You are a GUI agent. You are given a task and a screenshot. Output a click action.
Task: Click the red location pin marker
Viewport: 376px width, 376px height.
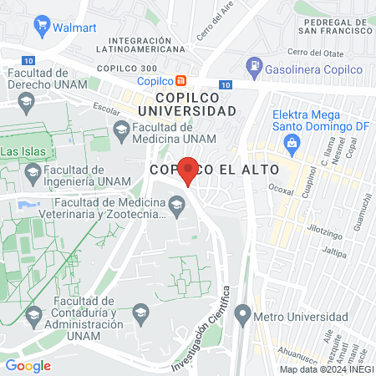188,170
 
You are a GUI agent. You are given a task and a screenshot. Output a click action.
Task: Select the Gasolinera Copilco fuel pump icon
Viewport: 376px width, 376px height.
253,65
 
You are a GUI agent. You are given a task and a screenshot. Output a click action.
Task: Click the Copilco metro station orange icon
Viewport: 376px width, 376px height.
180,81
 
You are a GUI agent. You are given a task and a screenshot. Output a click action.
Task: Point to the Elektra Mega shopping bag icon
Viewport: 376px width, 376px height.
292,142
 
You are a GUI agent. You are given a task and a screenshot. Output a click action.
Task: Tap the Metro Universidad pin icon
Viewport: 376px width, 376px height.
242,315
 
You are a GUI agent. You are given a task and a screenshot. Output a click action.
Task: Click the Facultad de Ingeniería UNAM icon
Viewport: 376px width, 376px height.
33,173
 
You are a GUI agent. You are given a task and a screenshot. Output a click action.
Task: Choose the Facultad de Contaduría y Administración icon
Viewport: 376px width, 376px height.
33,315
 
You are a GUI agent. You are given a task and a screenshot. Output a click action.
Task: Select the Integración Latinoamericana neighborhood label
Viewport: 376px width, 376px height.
152,44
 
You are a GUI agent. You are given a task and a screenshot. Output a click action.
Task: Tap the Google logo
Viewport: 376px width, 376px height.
28,365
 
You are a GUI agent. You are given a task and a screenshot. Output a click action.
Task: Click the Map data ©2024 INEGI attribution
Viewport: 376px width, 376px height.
326,369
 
